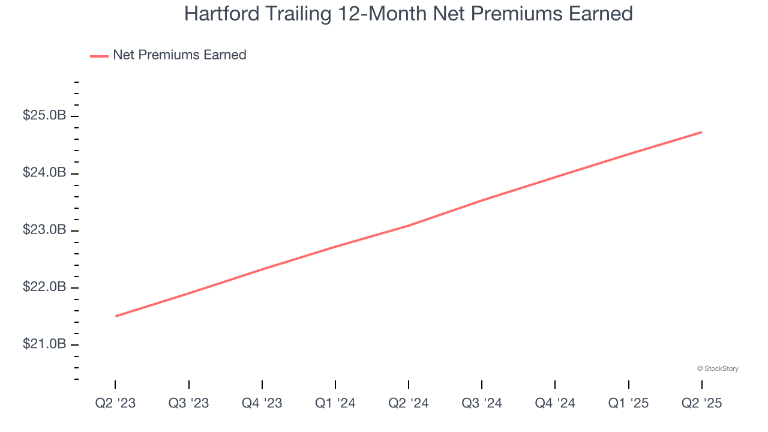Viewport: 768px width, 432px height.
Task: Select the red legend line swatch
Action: pos(99,56)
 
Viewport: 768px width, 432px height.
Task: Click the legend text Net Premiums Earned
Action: pos(179,55)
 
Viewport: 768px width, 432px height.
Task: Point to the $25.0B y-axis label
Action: pos(44,115)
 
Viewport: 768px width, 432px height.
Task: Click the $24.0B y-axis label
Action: pos(44,173)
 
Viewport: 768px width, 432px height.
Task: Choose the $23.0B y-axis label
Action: pos(44,230)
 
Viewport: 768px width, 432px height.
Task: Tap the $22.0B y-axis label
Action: pos(44,287)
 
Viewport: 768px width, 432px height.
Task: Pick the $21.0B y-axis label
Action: pos(44,344)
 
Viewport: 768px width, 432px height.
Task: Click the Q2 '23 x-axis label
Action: pos(115,403)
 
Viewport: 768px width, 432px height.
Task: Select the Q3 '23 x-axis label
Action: pos(188,403)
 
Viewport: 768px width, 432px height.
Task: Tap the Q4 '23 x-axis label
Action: pos(262,403)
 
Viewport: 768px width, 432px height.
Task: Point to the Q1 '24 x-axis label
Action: pos(335,403)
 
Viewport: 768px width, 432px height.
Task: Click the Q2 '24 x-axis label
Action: pos(409,403)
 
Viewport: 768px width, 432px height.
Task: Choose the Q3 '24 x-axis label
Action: pos(482,403)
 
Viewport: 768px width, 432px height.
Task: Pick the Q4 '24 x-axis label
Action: pos(555,403)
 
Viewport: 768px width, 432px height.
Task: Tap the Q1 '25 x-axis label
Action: pos(628,403)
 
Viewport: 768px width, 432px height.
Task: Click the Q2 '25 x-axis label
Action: pos(701,403)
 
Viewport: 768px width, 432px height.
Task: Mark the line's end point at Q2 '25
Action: pos(701,132)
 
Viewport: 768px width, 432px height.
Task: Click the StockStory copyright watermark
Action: pos(718,368)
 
